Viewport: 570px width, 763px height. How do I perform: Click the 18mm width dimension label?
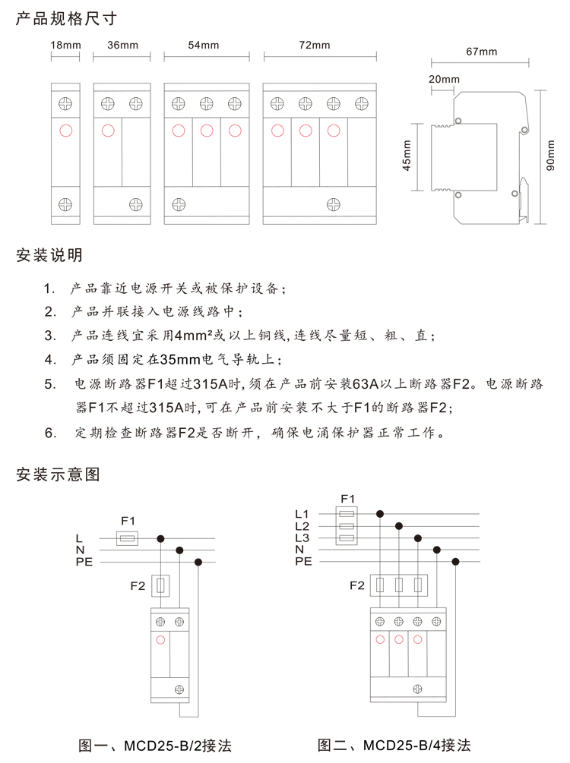coord(65,46)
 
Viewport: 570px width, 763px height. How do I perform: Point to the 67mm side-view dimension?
coord(481,52)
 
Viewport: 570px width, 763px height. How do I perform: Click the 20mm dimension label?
coord(445,79)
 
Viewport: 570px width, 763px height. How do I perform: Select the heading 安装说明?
coord(49,254)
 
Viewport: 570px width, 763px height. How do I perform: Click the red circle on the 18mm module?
coord(65,131)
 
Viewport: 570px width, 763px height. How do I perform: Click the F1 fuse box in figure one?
coord(127,538)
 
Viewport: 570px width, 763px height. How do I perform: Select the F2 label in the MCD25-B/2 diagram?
coord(138,585)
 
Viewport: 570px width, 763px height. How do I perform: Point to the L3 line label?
coord(302,538)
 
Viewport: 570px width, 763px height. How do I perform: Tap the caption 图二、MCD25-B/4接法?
coord(394,745)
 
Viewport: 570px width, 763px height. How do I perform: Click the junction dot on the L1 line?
coord(380,514)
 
